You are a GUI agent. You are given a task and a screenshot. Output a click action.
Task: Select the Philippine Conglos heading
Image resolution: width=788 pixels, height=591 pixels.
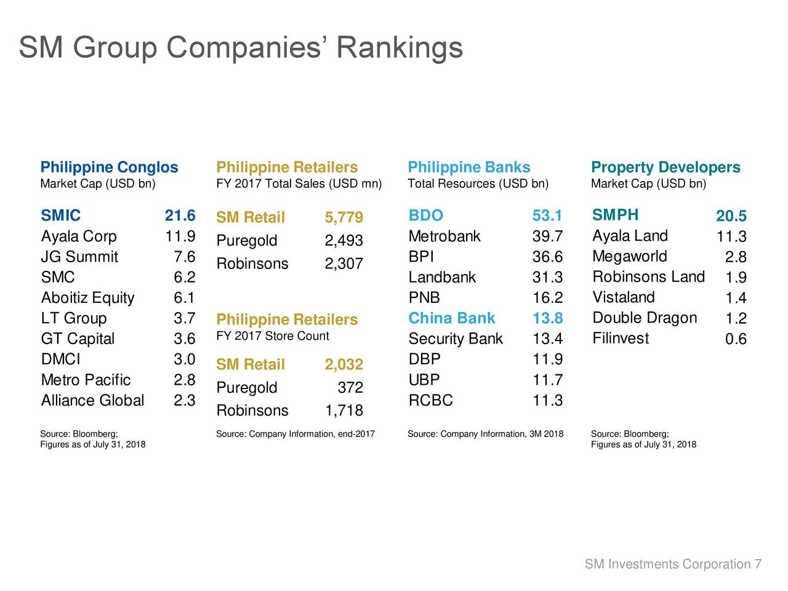109,167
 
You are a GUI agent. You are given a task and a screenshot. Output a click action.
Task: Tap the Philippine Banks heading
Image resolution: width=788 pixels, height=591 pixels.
468,167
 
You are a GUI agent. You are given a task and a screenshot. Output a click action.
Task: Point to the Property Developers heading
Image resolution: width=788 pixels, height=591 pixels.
665,167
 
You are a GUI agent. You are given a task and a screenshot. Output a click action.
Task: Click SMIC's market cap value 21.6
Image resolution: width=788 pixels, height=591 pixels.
180,215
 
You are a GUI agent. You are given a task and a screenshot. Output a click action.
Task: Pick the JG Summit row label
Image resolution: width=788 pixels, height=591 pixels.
79,257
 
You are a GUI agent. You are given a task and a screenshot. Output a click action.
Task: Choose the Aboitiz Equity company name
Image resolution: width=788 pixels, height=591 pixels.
87,298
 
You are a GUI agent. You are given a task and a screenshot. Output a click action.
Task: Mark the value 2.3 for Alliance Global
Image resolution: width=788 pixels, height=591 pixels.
185,401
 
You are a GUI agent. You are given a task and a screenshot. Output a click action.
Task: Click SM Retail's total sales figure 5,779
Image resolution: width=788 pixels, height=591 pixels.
344,218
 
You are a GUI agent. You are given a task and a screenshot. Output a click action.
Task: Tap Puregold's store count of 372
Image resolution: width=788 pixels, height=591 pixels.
350,388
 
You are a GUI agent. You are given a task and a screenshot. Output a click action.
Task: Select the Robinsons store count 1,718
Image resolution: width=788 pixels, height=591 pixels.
344,411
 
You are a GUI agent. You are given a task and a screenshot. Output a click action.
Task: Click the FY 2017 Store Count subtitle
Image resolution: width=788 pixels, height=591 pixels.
273,336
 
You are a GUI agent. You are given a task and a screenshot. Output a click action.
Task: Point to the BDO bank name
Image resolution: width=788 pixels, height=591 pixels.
425,215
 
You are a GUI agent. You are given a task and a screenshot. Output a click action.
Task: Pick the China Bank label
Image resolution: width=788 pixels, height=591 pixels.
451,318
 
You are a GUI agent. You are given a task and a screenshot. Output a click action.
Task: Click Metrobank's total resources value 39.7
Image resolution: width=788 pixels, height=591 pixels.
547,236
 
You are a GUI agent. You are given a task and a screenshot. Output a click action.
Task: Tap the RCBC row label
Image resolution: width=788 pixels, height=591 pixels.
431,401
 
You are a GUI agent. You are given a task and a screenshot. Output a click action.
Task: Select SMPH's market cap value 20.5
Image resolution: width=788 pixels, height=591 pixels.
731,216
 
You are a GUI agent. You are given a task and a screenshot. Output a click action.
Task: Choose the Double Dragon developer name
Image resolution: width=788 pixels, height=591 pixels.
645,318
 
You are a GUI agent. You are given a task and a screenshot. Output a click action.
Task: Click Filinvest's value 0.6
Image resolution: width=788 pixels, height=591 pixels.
736,339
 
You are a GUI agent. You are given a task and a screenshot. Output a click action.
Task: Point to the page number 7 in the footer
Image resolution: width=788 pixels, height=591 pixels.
758,565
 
